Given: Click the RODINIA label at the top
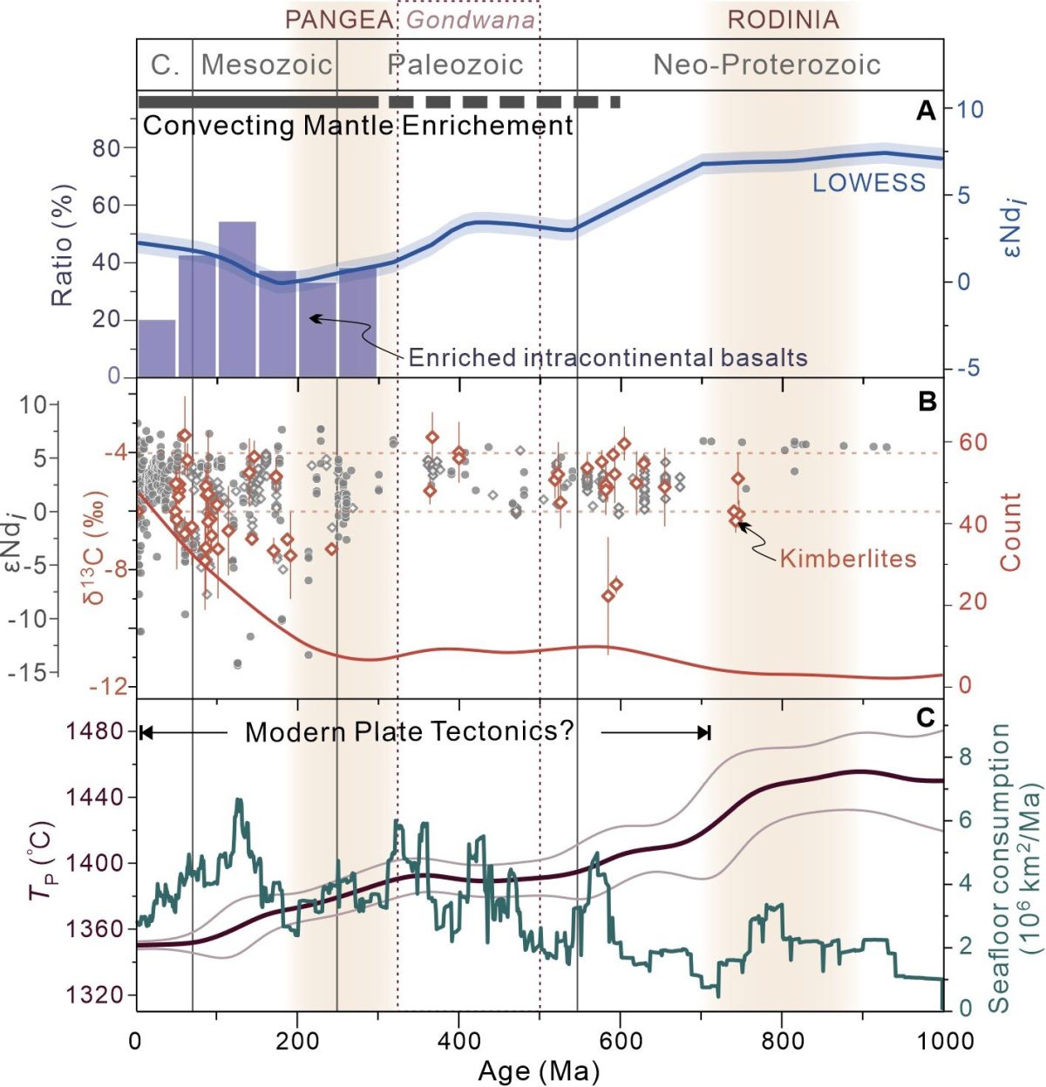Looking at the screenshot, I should [783, 20].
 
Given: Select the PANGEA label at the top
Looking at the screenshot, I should [339, 20].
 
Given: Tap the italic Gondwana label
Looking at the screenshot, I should [471, 20].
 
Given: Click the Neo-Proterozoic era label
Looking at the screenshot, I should [767, 65].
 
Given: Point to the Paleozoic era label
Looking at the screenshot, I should [455, 65].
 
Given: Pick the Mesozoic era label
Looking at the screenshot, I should [267, 65].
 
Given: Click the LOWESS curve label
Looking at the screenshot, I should [868, 182].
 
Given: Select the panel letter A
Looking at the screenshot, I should [926, 111].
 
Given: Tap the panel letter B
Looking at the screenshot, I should [926, 401].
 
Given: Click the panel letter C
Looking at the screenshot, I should [926, 717].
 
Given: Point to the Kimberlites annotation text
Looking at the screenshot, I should [847, 558].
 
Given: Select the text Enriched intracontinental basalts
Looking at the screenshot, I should [608, 357].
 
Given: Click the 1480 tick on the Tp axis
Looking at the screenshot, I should [96, 731].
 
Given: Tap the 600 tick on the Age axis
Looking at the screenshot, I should [620, 1040].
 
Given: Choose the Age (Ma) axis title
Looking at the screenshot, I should [539, 1069].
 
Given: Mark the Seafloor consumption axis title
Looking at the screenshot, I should [1011, 867].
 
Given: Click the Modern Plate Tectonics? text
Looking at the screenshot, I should [409, 731].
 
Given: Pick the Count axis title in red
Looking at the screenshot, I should [1011, 532].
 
